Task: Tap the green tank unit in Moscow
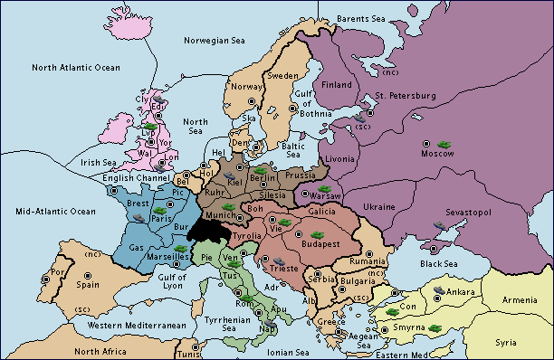coord(444,144)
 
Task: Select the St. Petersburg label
coord(406,95)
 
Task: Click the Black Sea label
coord(439,263)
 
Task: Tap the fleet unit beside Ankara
coord(441,290)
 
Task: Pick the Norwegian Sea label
coord(215,40)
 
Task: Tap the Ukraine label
coord(379,207)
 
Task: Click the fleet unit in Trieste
coord(267,261)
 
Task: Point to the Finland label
coord(337,85)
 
